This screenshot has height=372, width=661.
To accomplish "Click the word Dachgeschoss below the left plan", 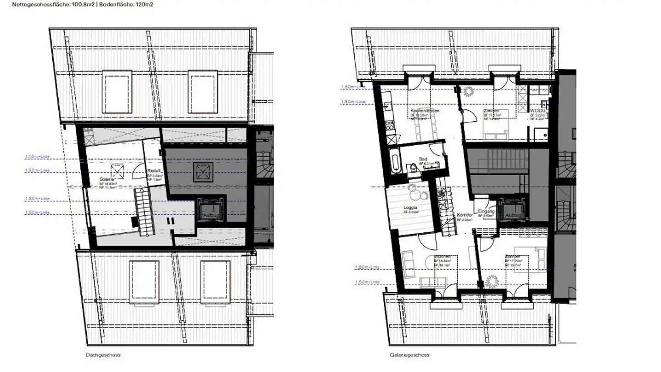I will pyautogui.click(x=103, y=355).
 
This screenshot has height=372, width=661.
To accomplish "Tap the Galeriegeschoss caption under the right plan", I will pyautogui.click(x=409, y=355).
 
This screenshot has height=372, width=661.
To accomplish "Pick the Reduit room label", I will pyautogui.click(x=154, y=170).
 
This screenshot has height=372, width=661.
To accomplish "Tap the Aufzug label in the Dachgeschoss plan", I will pyautogui.click(x=211, y=215).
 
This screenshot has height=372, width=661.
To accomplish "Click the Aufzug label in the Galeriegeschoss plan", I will pyautogui.click(x=512, y=215).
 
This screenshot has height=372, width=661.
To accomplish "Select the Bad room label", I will pyautogui.click(x=423, y=159).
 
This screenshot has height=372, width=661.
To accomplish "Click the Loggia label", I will pyautogui.click(x=410, y=208).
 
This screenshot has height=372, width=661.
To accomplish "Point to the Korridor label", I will pyautogui.click(x=465, y=215).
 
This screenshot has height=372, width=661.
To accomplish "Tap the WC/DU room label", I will pyautogui.click(x=537, y=111).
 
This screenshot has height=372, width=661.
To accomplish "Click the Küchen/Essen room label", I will pyautogui.click(x=425, y=111).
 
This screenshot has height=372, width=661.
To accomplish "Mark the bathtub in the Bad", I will pyautogui.click(x=396, y=163).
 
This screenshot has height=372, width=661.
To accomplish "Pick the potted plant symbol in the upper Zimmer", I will pyautogui.click(x=469, y=92).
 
